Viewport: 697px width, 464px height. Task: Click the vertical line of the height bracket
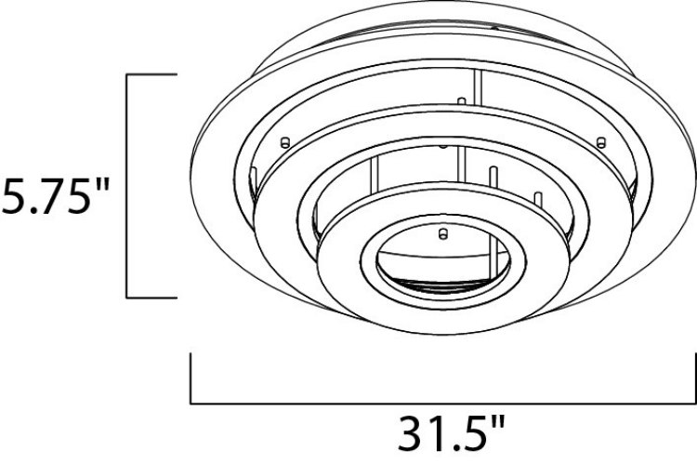[126, 186]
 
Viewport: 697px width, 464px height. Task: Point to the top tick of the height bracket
[151, 74]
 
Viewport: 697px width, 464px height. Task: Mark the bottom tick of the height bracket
[151, 298]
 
